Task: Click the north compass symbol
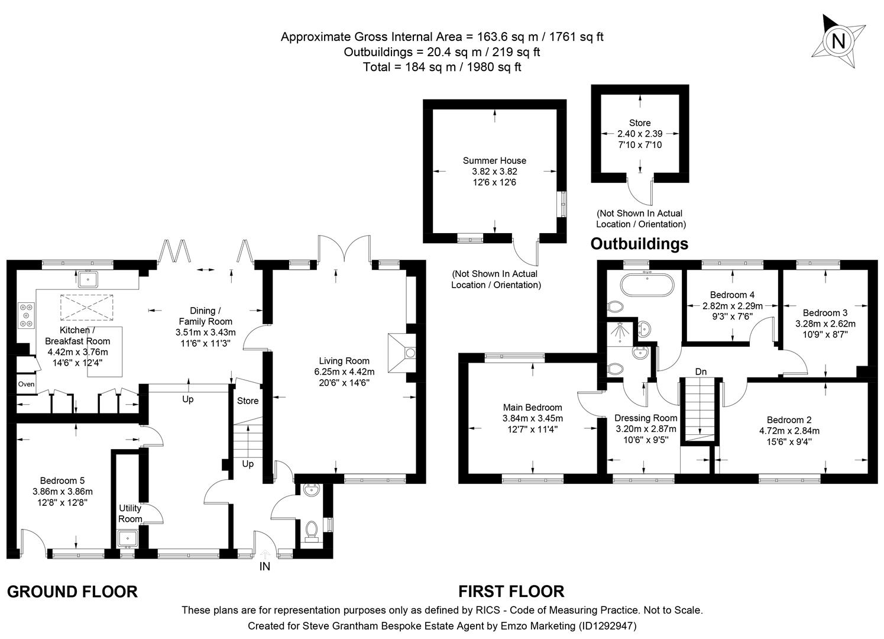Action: [x=838, y=41]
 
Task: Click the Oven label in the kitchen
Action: [x=26, y=385]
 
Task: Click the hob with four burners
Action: [x=27, y=315]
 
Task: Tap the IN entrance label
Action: [x=264, y=567]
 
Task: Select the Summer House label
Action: [x=494, y=161]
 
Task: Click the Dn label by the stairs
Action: [x=700, y=372]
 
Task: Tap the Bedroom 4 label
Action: [x=732, y=295]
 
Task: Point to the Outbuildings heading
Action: [x=639, y=244]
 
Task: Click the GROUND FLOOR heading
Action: [x=72, y=592]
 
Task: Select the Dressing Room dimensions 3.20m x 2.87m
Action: [x=646, y=429]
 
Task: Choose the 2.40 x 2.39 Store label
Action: [x=640, y=134]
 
